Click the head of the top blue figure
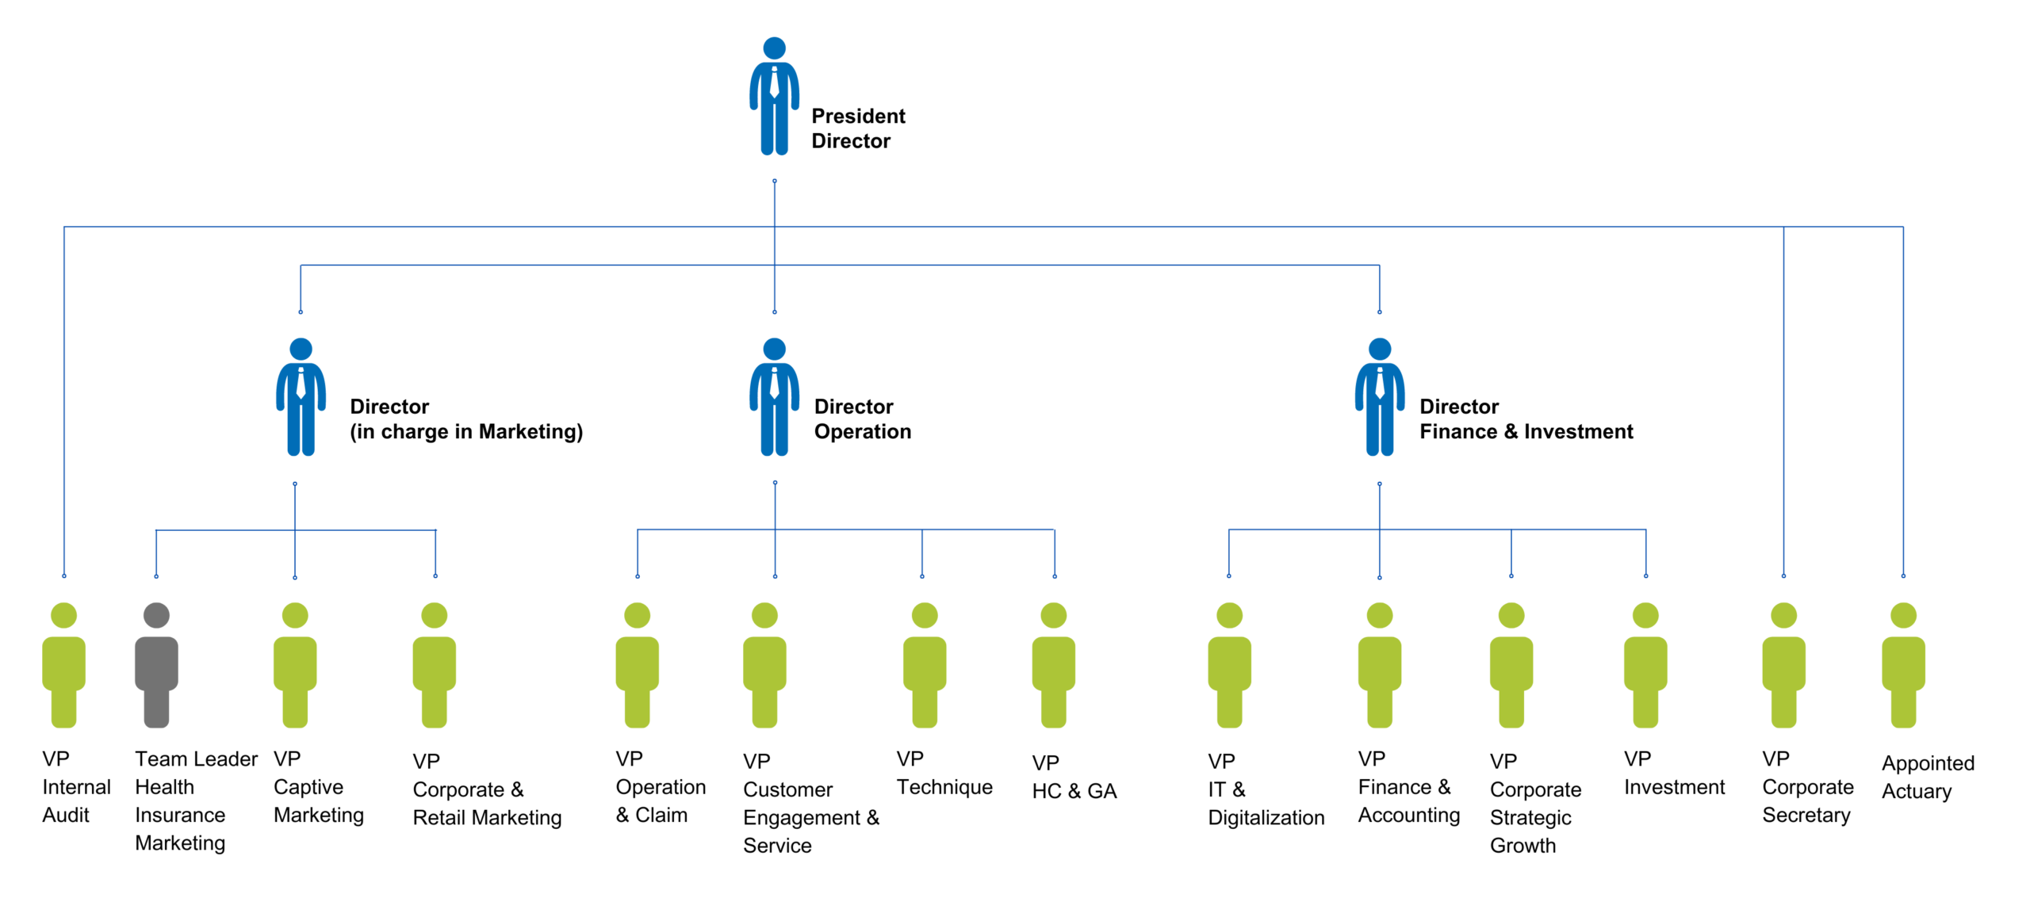pos(775,48)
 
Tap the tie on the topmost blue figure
pos(775,82)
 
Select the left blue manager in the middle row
pos(301,397)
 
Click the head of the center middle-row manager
pos(775,350)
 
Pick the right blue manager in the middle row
pos(1380,397)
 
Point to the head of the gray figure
pos(156,616)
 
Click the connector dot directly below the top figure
pos(775,182)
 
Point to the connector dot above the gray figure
pos(156,576)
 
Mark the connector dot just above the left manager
pos(301,312)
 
